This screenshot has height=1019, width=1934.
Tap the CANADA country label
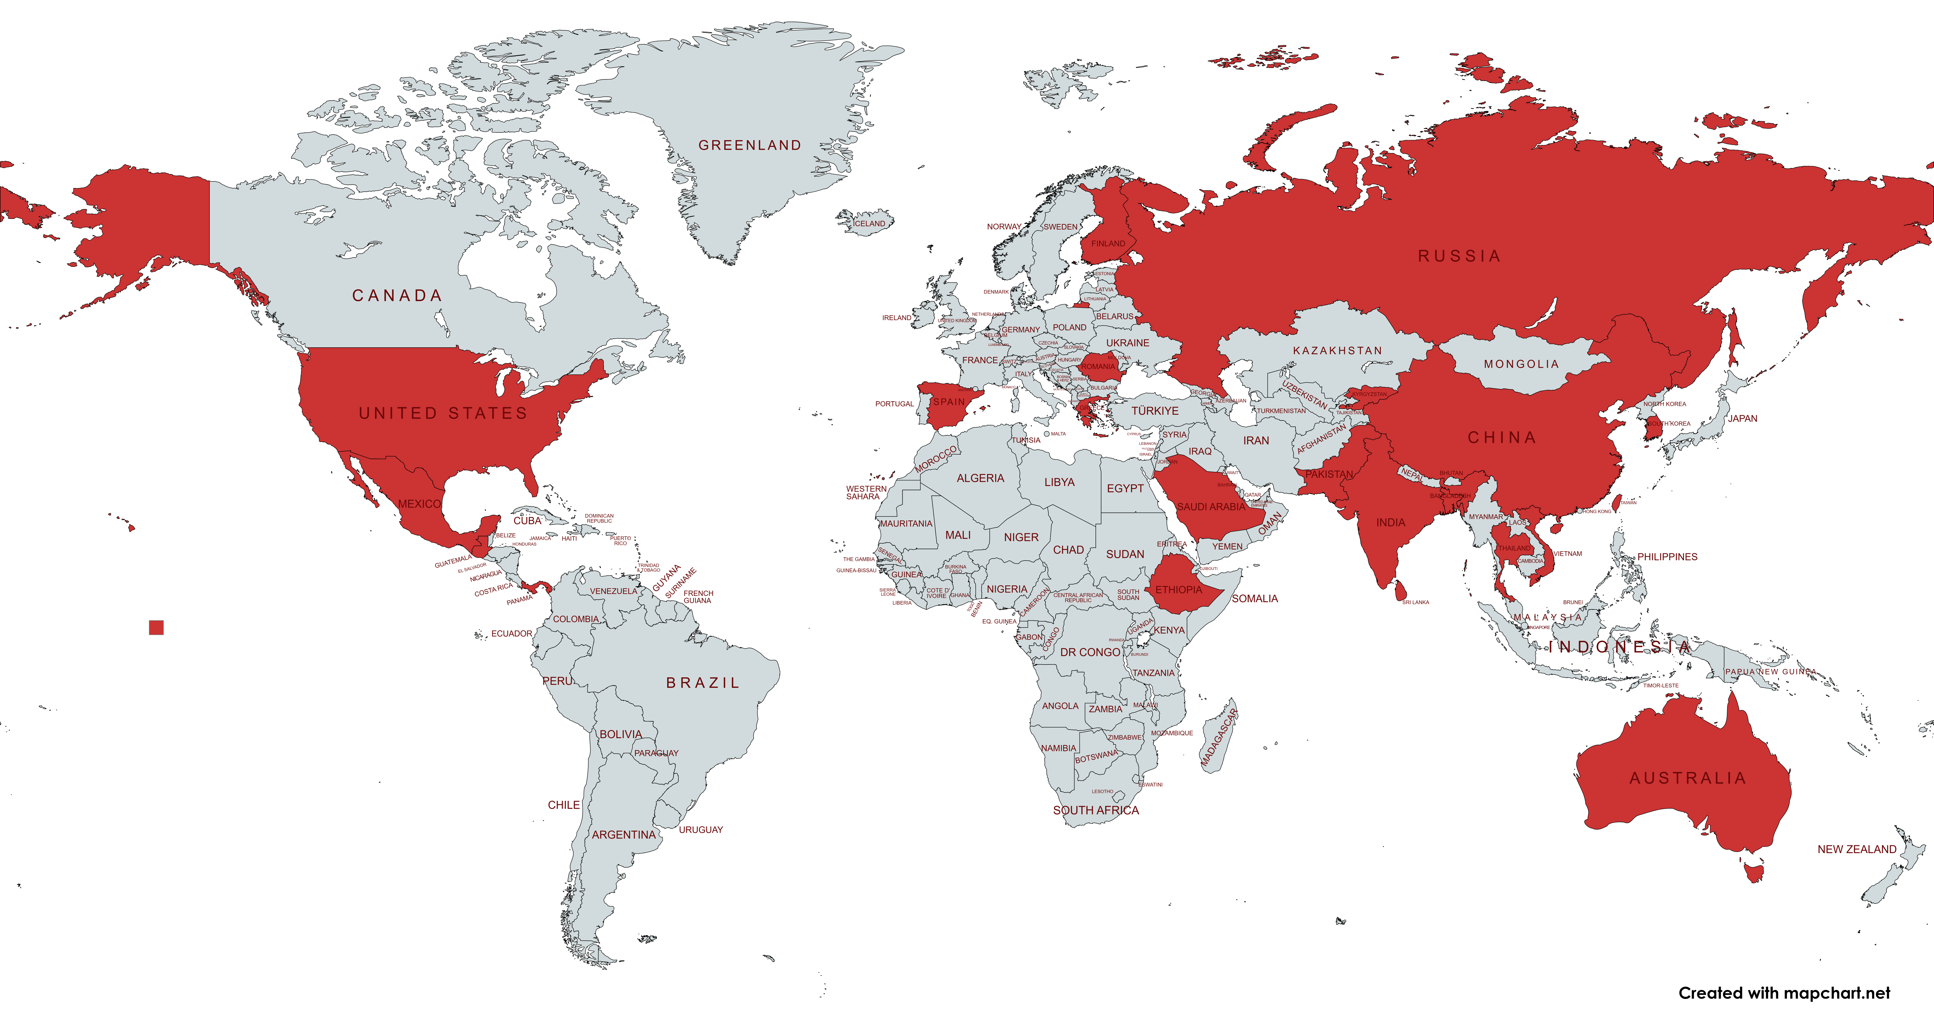[x=397, y=296]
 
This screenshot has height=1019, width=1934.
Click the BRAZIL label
[x=703, y=683]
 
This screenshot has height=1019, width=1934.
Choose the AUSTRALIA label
[x=1688, y=778]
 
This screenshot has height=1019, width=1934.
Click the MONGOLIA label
[x=1521, y=364]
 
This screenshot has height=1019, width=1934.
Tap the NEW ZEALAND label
[x=1857, y=849]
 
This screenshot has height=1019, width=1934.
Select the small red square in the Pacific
[x=156, y=628]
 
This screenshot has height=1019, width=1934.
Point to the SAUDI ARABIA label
[x=1210, y=507]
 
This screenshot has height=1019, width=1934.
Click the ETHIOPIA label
[x=1178, y=590]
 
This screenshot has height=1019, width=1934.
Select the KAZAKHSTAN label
[x=1337, y=351]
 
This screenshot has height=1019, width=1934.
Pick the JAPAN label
[x=1742, y=418]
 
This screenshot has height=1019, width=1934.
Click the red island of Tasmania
[x=1755, y=873]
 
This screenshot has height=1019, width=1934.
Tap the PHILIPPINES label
[x=1667, y=556]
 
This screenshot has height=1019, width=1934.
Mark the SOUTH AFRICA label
[x=1095, y=810]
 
